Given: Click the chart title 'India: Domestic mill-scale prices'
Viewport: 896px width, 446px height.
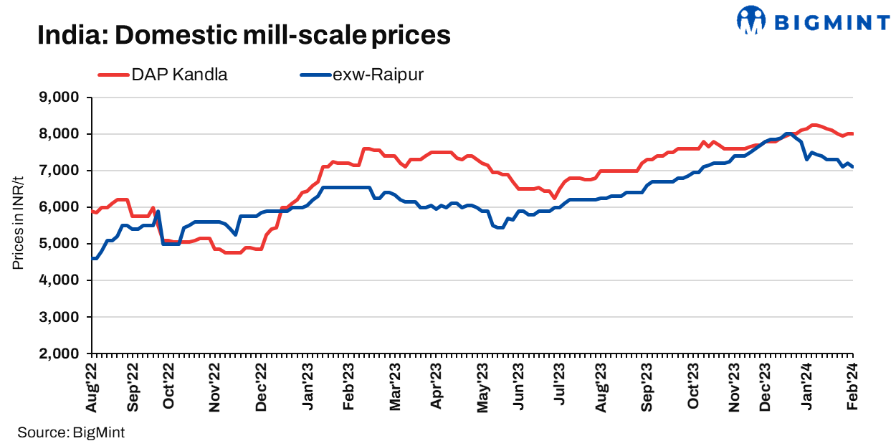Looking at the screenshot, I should coord(244,35).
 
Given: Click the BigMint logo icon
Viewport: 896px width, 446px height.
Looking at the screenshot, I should coord(750,20).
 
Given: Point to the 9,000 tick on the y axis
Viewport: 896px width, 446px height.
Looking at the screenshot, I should coord(62,98).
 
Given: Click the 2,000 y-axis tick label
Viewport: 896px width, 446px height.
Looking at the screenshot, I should coord(62,354).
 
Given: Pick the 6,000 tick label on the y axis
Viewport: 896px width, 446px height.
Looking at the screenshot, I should coord(62,207).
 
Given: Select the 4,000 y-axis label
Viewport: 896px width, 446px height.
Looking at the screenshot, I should coord(62,280).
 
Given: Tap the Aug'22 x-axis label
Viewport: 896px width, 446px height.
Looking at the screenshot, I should coord(92,387).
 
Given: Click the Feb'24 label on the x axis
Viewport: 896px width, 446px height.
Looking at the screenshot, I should coord(853,387).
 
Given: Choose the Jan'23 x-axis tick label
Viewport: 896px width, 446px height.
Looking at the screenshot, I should coord(309,387).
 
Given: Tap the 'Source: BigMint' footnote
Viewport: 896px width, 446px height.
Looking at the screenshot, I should coord(66,432).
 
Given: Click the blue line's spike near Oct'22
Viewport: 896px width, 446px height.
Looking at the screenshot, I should coord(158,211).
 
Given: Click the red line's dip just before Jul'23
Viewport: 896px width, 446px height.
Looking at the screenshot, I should coord(554,198).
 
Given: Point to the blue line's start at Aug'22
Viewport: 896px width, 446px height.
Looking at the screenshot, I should coord(92,258).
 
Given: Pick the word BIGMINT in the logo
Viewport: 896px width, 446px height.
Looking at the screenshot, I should coord(832,22).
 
